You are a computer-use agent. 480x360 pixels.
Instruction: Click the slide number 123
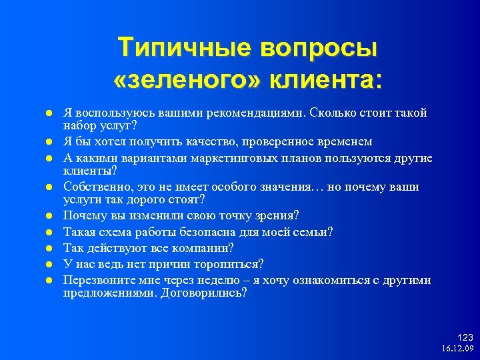click(x=465, y=338)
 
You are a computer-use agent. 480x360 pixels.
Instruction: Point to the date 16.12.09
click(x=457, y=349)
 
